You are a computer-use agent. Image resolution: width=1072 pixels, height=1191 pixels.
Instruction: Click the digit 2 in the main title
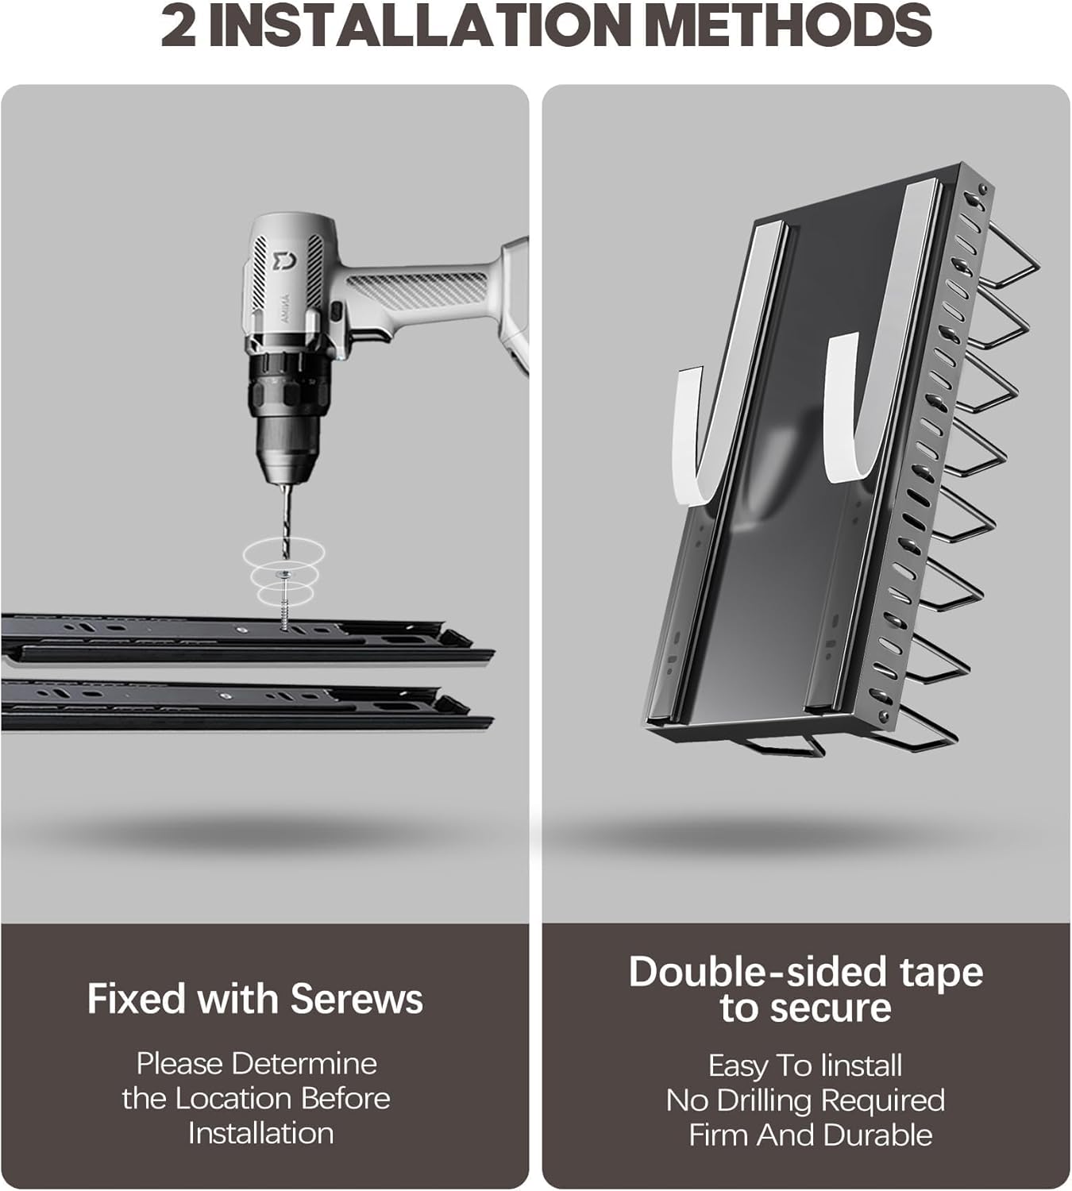(x=179, y=25)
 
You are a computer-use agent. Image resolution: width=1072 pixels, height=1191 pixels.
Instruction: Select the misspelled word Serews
(x=357, y=999)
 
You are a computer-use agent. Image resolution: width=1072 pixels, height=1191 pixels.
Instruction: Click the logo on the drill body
(x=284, y=260)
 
